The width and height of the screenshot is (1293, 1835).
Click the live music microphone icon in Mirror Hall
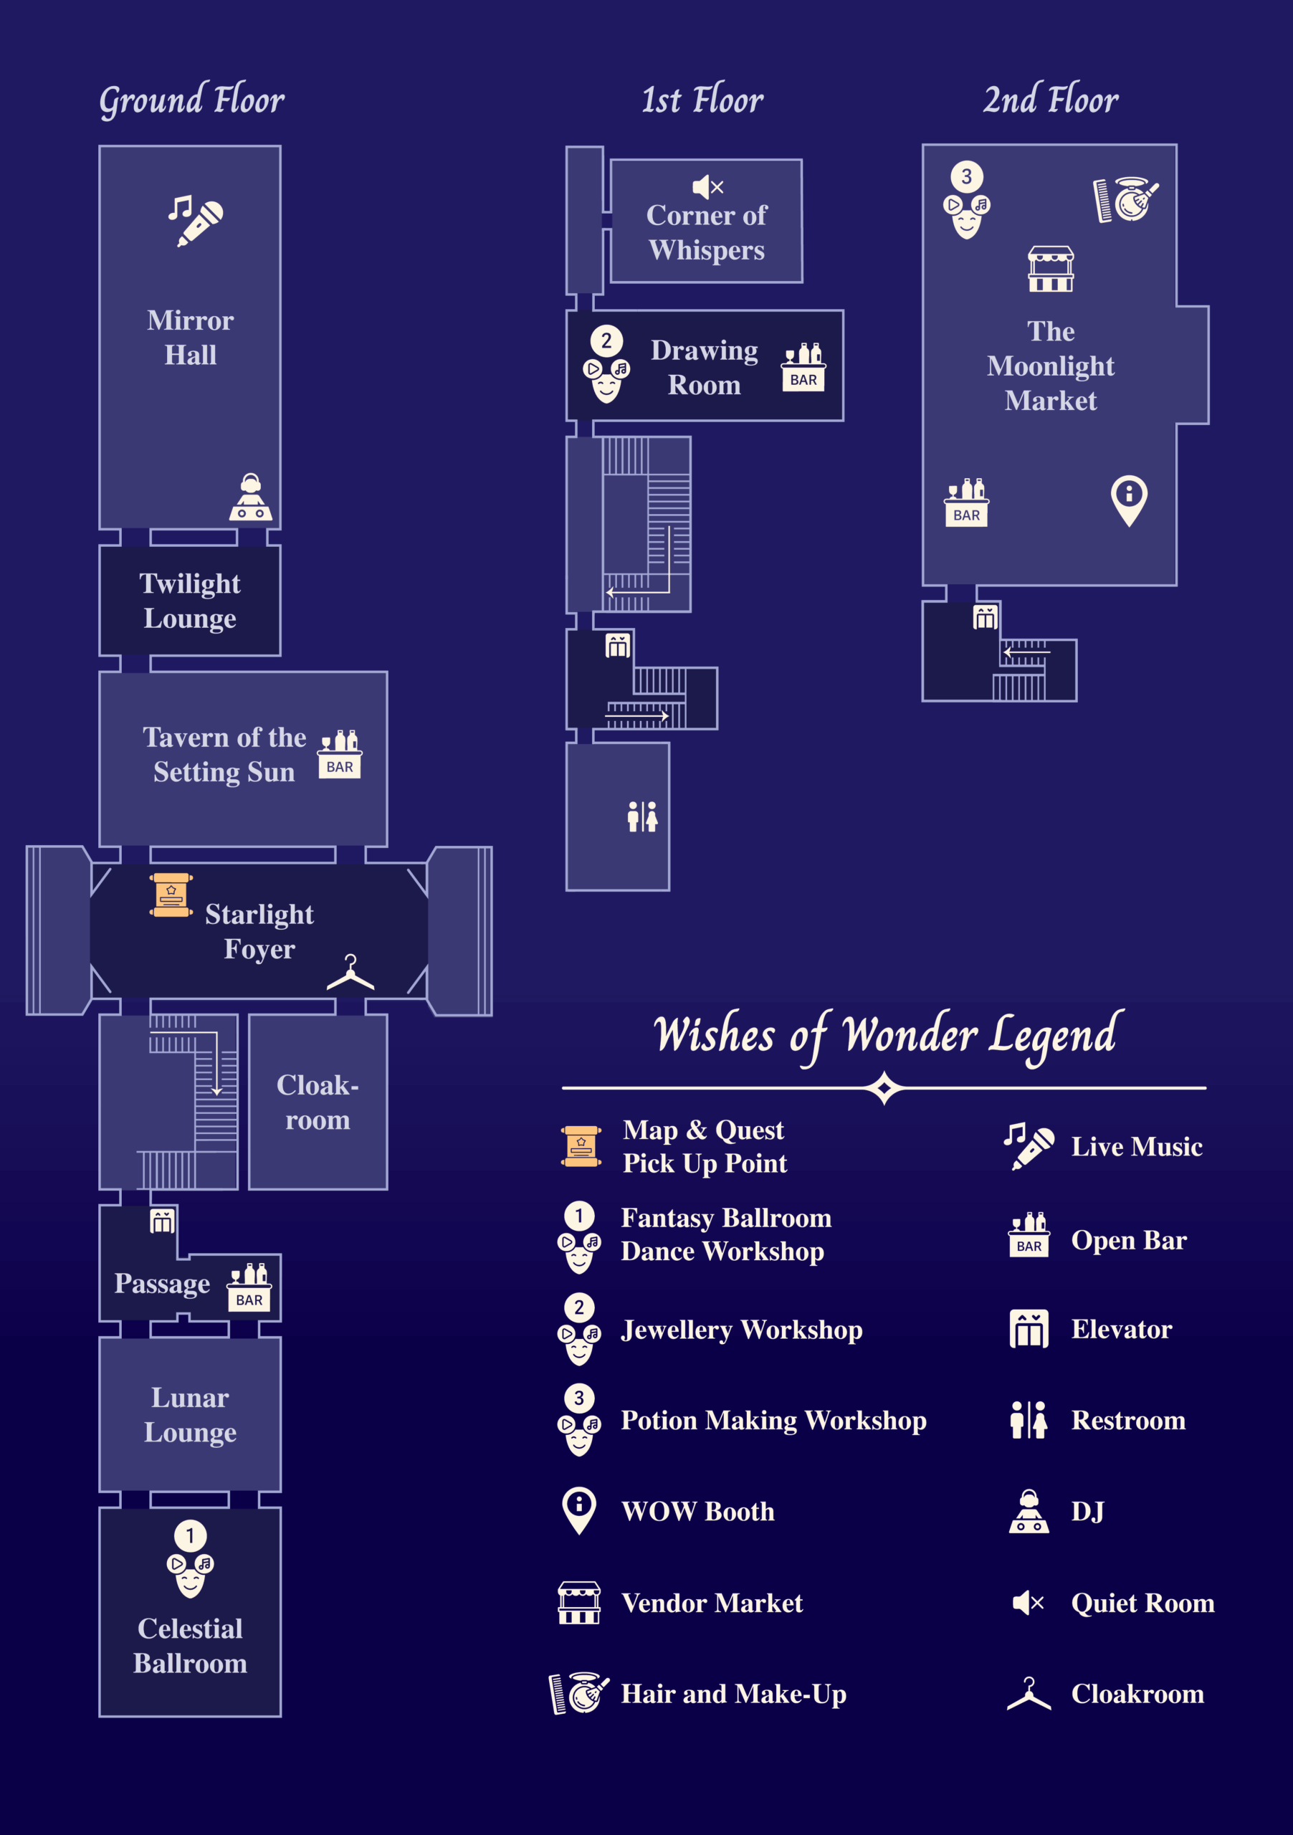195,221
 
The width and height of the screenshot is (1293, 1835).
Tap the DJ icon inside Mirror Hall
251,498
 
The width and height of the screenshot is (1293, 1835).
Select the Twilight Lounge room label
190,601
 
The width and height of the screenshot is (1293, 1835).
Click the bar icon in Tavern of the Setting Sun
340,753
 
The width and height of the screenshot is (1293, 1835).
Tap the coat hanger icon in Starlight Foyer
350,973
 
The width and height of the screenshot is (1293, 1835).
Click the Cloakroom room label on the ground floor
318,1102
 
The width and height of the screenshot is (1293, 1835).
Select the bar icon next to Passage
249,1287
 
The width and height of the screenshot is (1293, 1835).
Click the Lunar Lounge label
190,1415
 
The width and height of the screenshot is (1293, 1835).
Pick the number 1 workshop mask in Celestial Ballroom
190,1558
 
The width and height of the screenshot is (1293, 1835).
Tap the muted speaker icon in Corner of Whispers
707,187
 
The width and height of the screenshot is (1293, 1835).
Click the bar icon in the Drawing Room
803,367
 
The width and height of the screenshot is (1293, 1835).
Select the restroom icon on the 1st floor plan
642,817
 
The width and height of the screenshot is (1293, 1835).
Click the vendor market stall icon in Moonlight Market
1051,269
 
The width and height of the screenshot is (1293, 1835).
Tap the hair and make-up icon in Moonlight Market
1125,200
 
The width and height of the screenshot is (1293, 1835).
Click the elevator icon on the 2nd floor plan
985,617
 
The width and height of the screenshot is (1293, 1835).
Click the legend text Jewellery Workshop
742,1330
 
